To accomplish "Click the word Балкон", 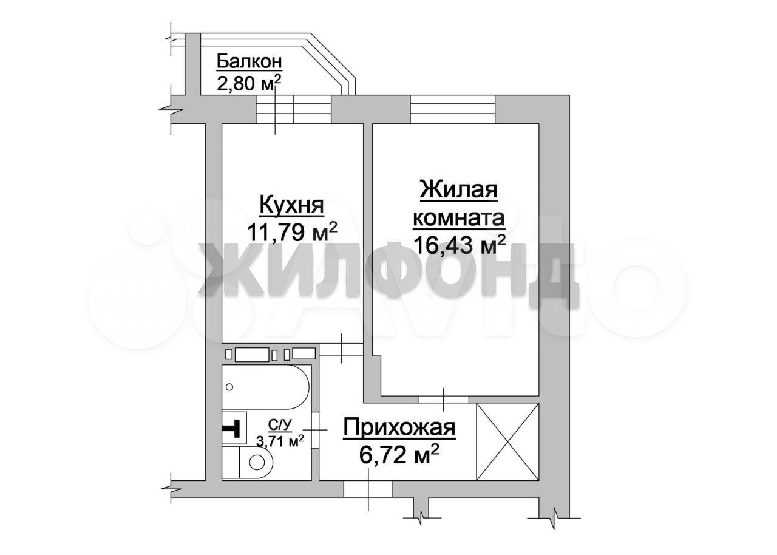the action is [x=249, y=62].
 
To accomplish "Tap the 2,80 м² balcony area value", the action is [x=248, y=83].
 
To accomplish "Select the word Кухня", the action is [x=292, y=205].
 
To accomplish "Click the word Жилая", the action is [x=458, y=190].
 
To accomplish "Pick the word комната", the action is [x=458, y=219].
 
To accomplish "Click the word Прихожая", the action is [x=399, y=427].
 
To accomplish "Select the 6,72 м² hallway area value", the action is [x=399, y=455].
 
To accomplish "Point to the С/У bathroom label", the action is [x=280, y=424].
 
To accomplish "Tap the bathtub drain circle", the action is [x=229, y=387].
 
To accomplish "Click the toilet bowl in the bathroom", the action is [x=256, y=462].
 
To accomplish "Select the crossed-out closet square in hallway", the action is [x=507, y=441].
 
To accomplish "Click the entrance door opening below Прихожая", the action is [x=368, y=489].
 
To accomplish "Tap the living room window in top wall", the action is [x=452, y=109].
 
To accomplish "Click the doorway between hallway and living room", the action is [x=444, y=400].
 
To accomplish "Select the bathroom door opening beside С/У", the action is [x=315, y=430].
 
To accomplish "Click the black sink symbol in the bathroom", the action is [x=232, y=427].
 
